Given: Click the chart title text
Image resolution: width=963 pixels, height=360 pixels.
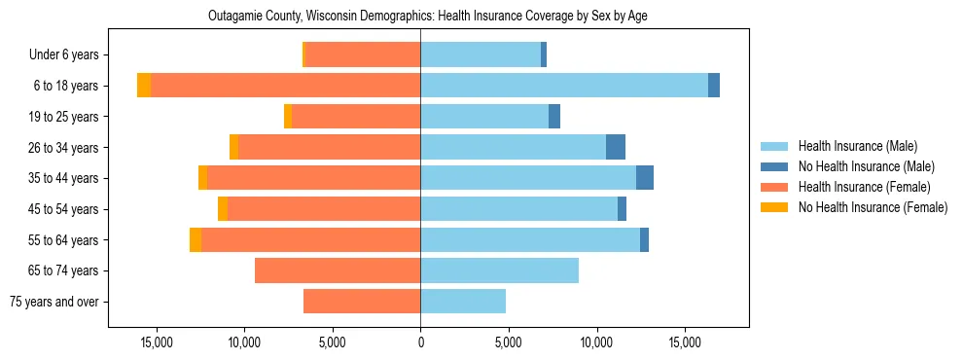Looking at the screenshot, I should (x=428, y=17).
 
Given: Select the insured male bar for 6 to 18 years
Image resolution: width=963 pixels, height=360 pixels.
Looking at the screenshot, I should (x=564, y=86).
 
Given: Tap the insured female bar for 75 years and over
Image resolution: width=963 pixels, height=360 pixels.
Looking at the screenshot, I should (x=362, y=302).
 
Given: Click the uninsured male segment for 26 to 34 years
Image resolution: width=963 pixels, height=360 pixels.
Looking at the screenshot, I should (x=616, y=147).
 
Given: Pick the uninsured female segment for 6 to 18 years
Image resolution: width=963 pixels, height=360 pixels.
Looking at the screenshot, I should (x=144, y=86).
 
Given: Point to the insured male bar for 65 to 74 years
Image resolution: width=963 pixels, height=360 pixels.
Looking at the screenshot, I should (x=500, y=270).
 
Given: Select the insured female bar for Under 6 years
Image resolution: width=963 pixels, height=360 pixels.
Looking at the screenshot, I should (x=363, y=54).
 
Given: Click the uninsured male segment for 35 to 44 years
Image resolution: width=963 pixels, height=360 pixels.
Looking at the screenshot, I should (x=645, y=178).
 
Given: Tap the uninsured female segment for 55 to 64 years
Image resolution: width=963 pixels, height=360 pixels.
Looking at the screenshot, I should (x=196, y=239).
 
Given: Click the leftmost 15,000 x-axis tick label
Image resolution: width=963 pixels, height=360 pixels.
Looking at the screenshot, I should (x=157, y=342).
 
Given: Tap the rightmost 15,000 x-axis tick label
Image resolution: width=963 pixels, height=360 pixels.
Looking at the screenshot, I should (x=685, y=342).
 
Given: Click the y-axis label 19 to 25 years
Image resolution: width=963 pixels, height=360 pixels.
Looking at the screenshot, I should (x=64, y=117).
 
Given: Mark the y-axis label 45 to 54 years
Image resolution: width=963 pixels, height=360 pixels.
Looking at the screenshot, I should (x=64, y=209).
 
